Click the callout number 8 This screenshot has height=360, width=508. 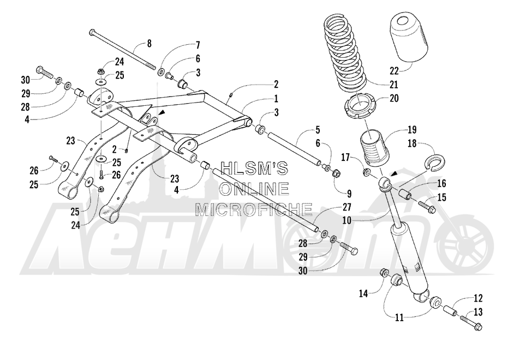click(149, 43)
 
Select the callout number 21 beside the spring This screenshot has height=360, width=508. click(395, 85)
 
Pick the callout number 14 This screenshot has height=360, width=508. click(363, 293)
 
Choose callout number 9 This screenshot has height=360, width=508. click(349, 194)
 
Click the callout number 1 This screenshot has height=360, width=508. click(276, 98)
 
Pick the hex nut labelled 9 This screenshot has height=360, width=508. click(337, 174)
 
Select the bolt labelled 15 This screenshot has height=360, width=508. click(428, 205)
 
